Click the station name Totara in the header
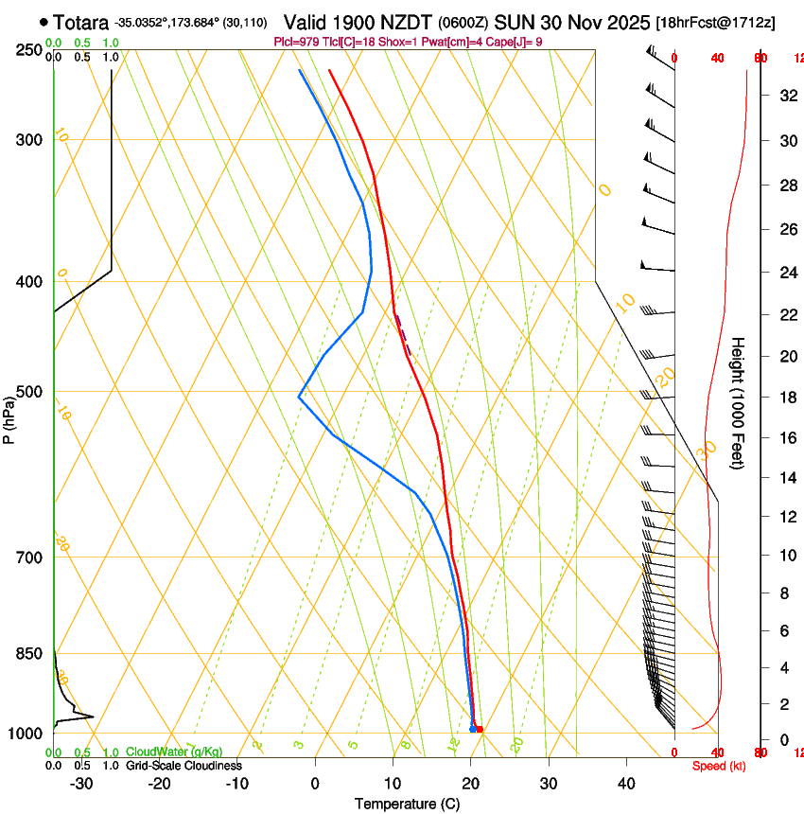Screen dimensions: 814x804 pyautogui.click(x=80, y=22)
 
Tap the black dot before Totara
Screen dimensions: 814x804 pyautogui.click(x=44, y=21)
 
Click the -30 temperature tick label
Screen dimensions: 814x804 pyautogui.click(x=81, y=784)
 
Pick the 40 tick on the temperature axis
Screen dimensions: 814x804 pyautogui.click(x=626, y=784)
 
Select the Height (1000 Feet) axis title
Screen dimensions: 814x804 pyautogui.click(x=739, y=402)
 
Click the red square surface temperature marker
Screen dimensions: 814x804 pyautogui.click(x=480, y=729)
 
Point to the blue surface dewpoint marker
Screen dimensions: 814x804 pyautogui.click(x=472, y=729)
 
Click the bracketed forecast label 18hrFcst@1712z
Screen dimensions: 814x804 pyautogui.click(x=715, y=22)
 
